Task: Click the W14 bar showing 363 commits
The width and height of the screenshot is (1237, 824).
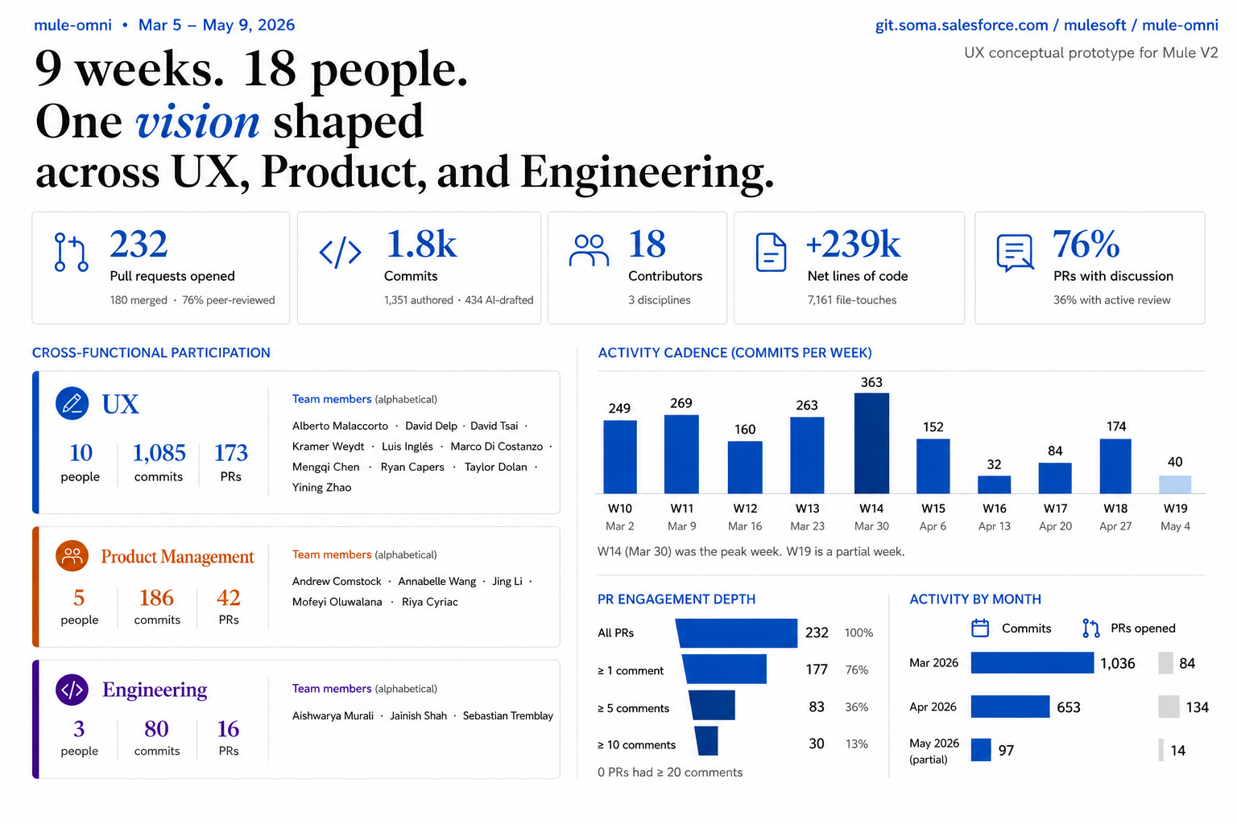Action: point(871,443)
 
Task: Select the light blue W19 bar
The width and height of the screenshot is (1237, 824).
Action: point(1175,484)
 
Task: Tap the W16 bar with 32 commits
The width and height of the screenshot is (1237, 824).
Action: point(994,484)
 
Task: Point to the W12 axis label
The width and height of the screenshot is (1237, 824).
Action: point(745,509)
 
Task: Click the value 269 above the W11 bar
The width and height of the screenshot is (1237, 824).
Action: point(681,403)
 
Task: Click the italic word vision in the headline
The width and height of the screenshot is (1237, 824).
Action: point(197,122)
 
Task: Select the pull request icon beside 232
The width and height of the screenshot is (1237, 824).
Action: point(71,252)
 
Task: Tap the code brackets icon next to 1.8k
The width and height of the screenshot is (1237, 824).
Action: point(340,252)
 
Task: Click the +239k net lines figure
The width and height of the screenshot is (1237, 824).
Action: point(853,244)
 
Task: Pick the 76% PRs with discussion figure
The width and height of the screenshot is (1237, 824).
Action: point(1086,244)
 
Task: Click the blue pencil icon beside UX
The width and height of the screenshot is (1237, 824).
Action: point(72,403)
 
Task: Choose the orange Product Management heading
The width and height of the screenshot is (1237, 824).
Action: point(177,556)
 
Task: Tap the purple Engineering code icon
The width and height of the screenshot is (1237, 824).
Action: point(72,690)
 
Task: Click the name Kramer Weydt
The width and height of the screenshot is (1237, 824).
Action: point(328,447)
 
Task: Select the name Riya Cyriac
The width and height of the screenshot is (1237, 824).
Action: point(429,602)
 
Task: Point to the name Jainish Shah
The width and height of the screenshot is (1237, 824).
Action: point(418,716)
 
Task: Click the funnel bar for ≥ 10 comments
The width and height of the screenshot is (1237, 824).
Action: point(706,740)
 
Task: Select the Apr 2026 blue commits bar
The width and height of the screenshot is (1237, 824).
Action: point(1010,707)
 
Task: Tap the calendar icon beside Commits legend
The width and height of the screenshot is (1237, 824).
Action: point(980,628)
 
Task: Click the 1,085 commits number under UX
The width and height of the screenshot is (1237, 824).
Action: point(159,453)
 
